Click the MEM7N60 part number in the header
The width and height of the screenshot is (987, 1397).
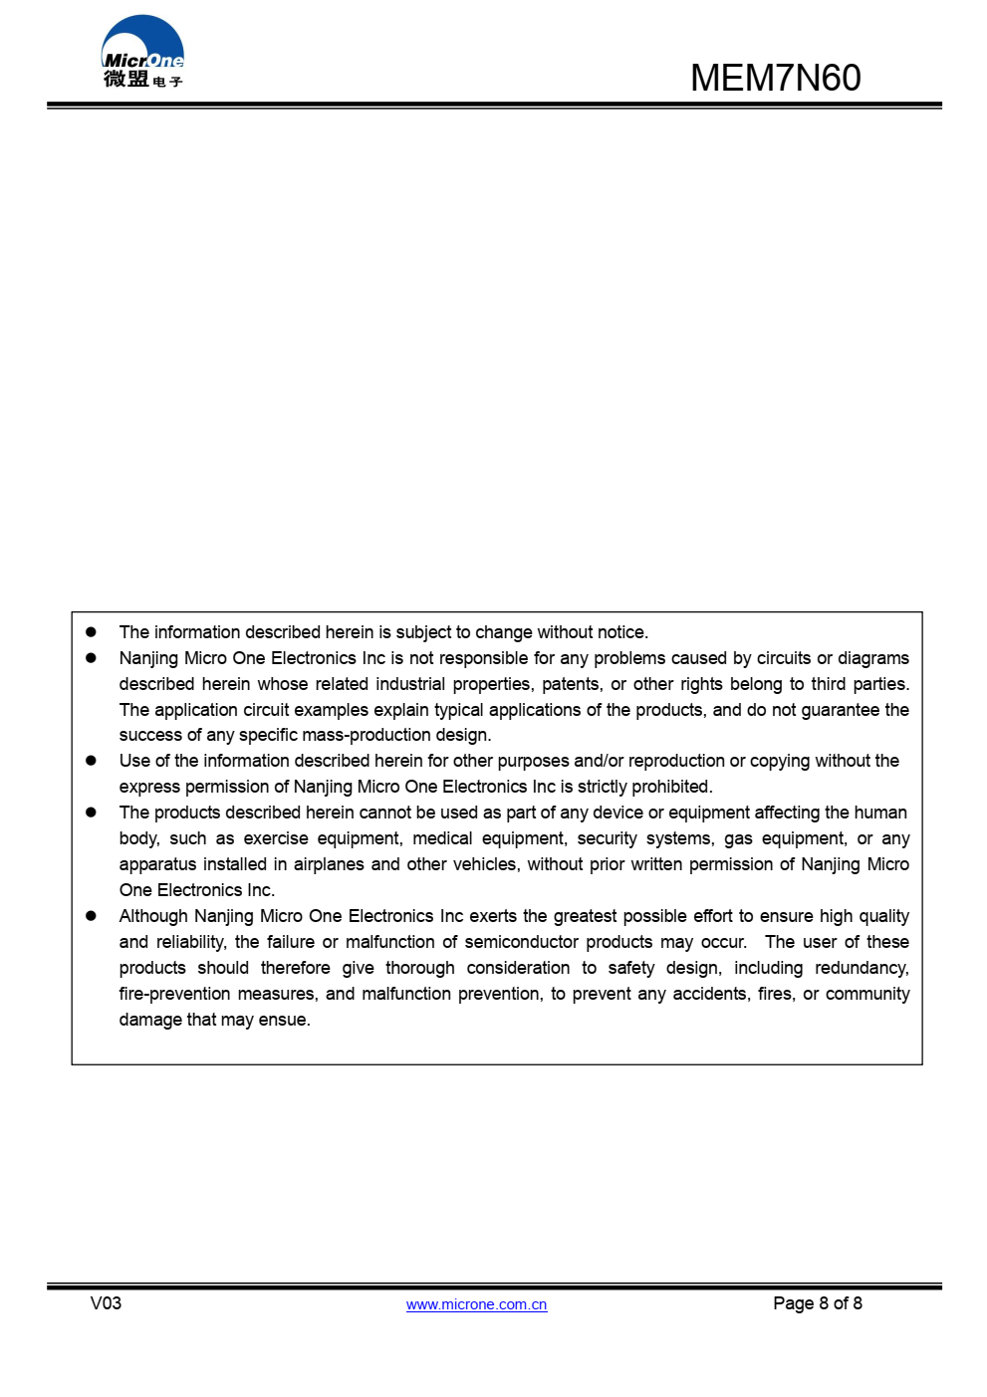point(775,78)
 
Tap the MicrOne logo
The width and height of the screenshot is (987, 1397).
point(142,53)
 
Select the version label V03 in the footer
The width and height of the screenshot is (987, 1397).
point(106,1303)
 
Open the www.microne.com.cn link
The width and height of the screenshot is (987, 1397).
point(476,1304)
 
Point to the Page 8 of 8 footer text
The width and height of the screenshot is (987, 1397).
point(817,1303)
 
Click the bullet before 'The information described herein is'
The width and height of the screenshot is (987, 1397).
point(91,632)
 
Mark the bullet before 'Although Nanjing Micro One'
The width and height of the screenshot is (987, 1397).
point(91,916)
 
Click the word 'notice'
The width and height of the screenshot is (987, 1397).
point(620,632)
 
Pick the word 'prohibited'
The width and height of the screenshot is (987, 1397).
point(671,787)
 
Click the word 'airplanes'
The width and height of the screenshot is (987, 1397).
point(328,864)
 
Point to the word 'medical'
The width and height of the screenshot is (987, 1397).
point(442,838)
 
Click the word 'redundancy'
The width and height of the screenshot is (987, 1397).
point(862,968)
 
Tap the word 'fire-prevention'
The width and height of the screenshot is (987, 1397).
point(174,994)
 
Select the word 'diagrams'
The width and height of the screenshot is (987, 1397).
point(873,658)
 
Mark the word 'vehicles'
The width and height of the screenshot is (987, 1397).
point(485,864)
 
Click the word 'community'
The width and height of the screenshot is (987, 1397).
point(867,994)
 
